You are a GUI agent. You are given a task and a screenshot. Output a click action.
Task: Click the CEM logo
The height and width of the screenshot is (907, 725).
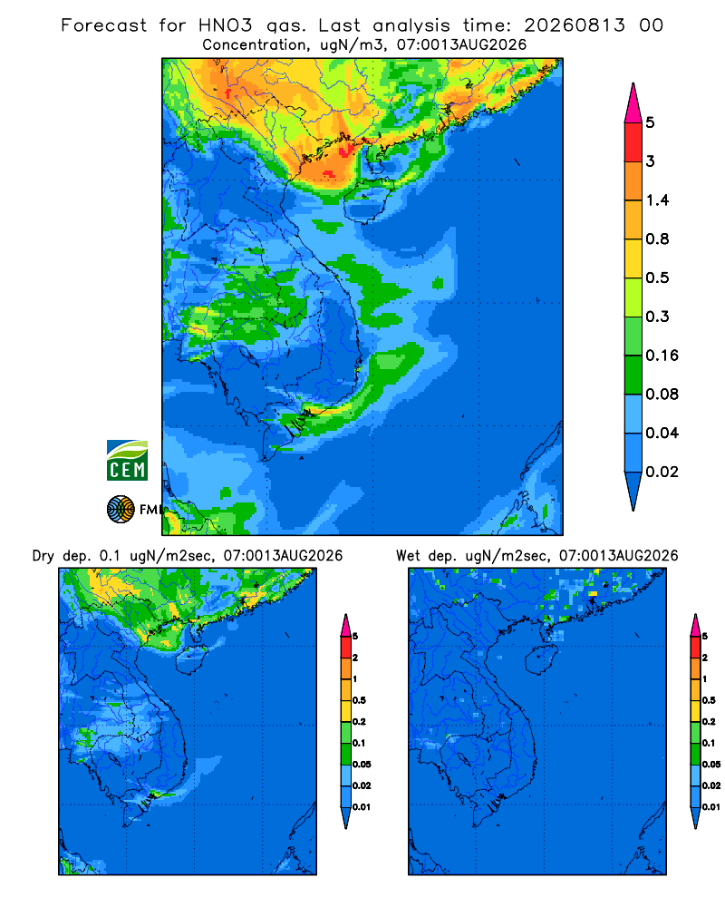(x=127, y=461)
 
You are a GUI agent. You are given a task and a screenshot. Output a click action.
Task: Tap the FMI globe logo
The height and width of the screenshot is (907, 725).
(x=121, y=510)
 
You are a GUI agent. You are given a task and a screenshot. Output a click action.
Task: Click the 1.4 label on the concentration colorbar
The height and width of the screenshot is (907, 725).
(x=657, y=200)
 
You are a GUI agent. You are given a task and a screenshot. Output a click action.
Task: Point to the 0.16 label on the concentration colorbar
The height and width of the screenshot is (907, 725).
(x=662, y=356)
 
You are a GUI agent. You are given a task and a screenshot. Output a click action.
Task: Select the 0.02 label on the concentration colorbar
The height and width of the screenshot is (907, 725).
(x=662, y=472)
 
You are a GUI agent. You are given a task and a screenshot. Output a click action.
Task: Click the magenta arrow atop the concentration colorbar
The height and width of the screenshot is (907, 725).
(x=633, y=103)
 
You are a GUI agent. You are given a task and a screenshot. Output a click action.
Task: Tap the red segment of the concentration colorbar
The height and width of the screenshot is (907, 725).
(x=633, y=142)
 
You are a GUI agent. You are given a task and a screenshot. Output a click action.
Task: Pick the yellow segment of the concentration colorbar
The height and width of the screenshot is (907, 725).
(x=633, y=258)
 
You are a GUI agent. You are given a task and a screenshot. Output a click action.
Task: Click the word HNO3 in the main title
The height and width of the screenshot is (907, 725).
(x=225, y=25)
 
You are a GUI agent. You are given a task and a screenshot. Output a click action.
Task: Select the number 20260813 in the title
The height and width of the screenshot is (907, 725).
(x=575, y=25)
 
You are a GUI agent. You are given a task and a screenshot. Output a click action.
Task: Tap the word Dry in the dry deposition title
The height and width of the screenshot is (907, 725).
(x=43, y=556)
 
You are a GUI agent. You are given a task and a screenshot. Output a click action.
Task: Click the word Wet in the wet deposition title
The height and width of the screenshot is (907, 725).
(x=408, y=556)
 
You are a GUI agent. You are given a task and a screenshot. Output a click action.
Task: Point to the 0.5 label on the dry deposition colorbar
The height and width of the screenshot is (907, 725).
(x=359, y=700)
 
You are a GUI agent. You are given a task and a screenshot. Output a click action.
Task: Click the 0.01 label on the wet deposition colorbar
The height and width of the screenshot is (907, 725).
(x=711, y=807)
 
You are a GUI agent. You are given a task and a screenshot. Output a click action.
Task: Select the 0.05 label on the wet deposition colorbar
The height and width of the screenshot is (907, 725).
(x=711, y=764)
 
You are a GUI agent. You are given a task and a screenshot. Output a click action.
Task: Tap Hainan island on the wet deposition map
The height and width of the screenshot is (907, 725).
(x=541, y=659)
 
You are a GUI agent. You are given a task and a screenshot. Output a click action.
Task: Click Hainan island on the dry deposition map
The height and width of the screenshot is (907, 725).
(x=191, y=659)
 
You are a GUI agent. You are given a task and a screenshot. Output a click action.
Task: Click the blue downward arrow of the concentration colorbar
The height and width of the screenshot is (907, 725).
(x=633, y=492)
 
